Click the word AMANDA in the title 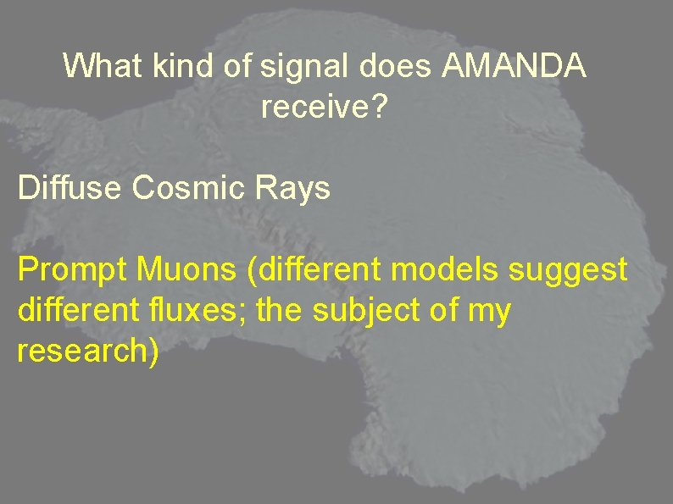tap(514, 66)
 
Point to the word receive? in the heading tap(322, 108)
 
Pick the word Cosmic tap(190, 188)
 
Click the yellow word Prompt tap(69, 271)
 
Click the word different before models tap(302, 270)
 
